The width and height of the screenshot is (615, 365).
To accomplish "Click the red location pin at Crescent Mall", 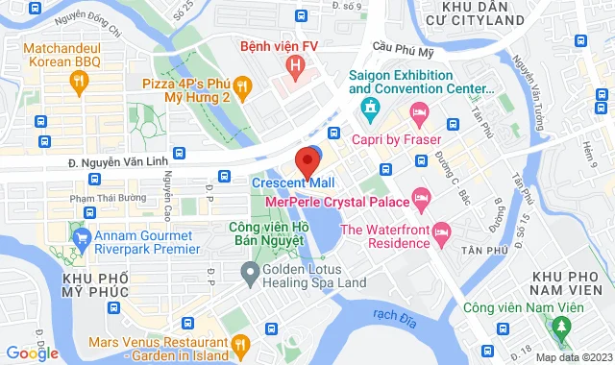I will pyautogui.click(x=307, y=160).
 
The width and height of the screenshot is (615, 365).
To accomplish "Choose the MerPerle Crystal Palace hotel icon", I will pyautogui.click(x=420, y=198).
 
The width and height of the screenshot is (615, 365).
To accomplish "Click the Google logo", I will pyautogui.click(x=32, y=353).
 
